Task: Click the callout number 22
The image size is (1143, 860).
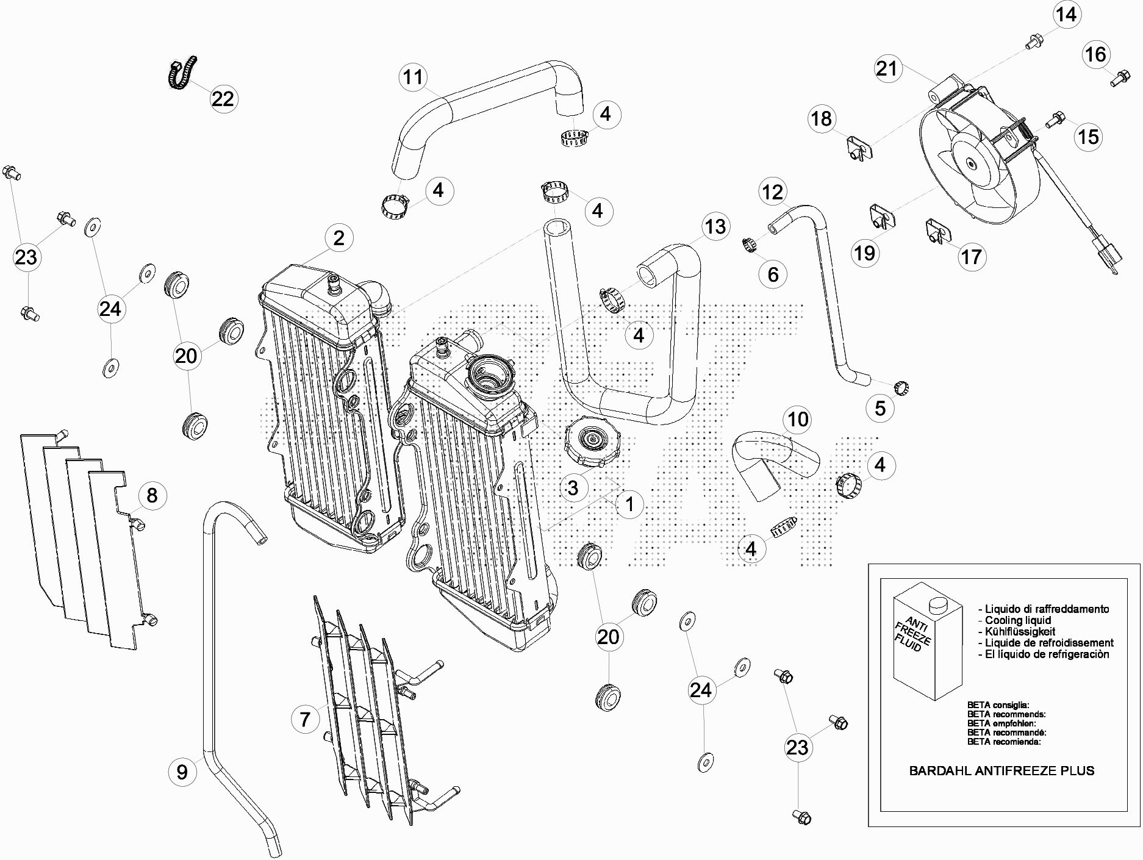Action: click(x=223, y=98)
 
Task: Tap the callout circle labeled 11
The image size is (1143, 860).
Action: click(x=414, y=77)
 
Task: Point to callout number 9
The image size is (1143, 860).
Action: click(x=182, y=772)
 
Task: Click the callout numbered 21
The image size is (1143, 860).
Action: click(x=887, y=68)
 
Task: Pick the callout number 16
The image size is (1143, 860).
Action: click(x=1095, y=54)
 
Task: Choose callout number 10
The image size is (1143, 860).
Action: click(x=798, y=419)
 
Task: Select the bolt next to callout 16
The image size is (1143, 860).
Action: click(x=1118, y=79)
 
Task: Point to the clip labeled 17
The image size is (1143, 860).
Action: click(x=937, y=231)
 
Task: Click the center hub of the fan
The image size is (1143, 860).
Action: click(x=970, y=163)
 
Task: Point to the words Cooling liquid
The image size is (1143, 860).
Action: click(x=1018, y=620)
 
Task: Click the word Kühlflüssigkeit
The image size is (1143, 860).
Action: click(x=1020, y=631)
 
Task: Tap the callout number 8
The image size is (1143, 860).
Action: click(x=152, y=495)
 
